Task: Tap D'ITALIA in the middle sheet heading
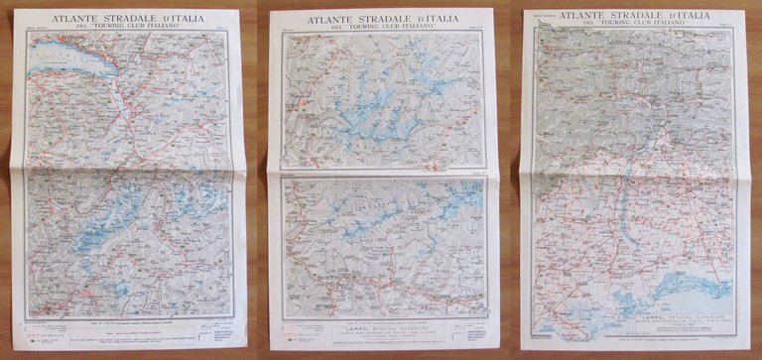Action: [442, 20]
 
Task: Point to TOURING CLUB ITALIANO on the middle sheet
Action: [385, 30]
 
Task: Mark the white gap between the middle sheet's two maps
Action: [386, 174]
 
